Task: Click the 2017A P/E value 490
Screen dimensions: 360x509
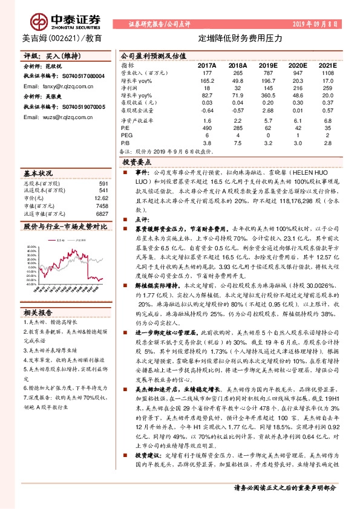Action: (207, 128)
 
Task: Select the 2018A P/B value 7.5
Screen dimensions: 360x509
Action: (237, 144)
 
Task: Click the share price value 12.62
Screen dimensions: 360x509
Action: (102, 198)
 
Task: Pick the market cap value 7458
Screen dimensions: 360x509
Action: (103, 206)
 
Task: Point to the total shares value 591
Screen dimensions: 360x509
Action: (103, 183)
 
